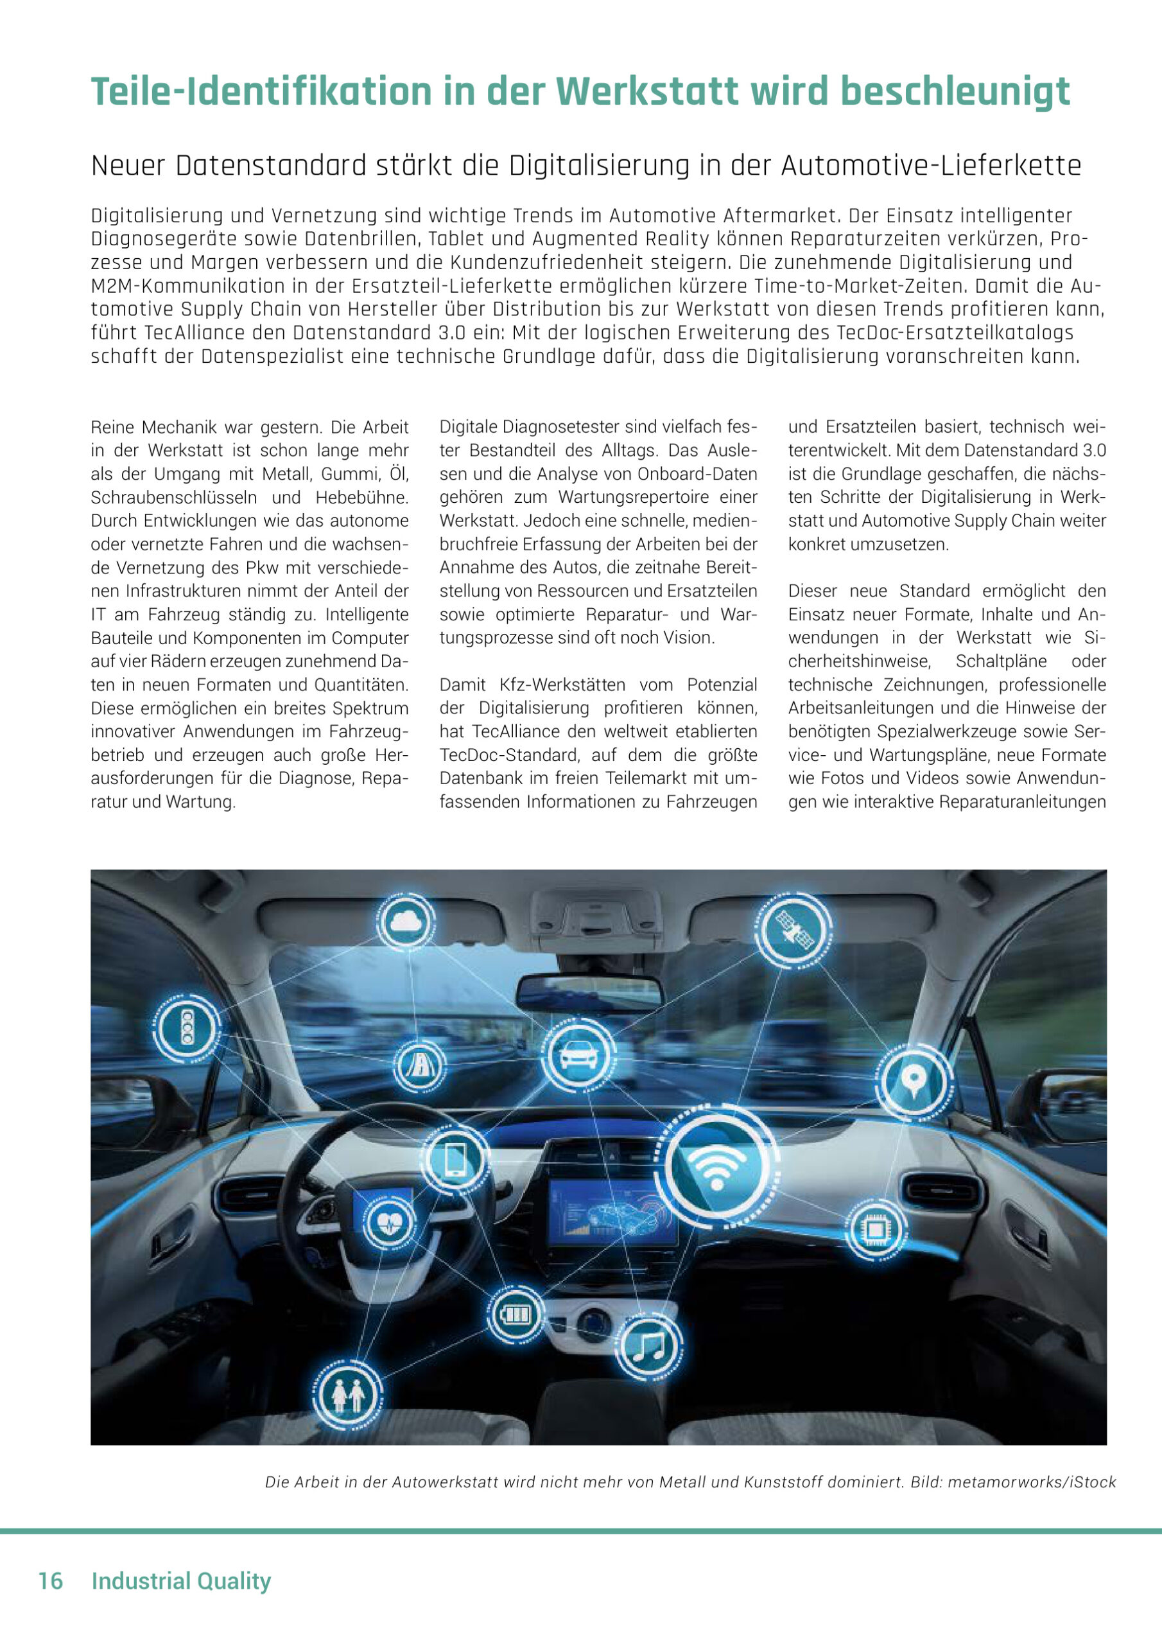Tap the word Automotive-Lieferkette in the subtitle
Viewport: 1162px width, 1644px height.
[x=931, y=166]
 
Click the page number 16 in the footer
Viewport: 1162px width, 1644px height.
[x=51, y=1580]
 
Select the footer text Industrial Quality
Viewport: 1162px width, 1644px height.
[x=181, y=1580]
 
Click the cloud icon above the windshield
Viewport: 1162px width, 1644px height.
[x=405, y=922]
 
